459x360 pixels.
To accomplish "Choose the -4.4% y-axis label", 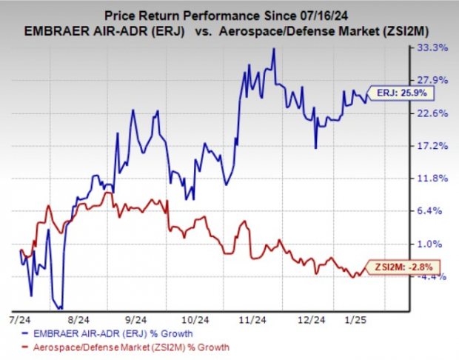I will coord(432,276).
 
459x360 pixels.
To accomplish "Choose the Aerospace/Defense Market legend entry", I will coord(118,347).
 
